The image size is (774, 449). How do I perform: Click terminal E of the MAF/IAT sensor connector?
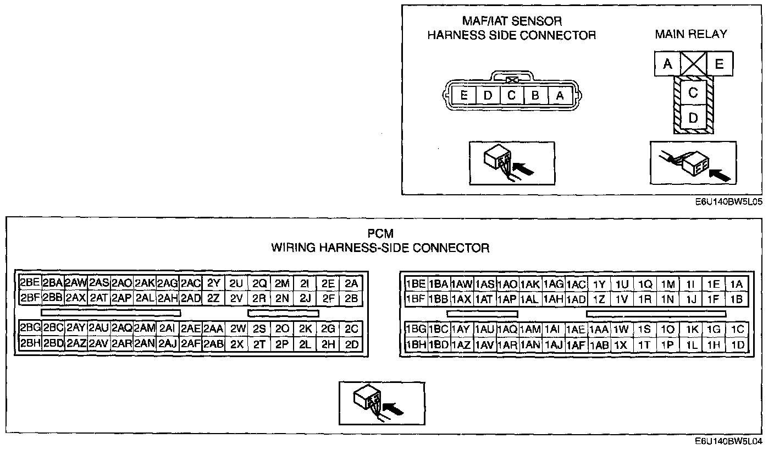tap(465, 96)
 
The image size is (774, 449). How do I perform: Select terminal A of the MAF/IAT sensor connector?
tap(560, 96)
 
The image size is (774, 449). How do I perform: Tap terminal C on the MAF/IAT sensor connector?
tap(512, 96)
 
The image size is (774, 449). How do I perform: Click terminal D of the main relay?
tap(693, 118)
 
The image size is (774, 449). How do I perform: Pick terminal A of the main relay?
tap(667, 64)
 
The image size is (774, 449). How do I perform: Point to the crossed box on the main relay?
tap(693, 64)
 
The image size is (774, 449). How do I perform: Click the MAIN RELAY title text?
tap(690, 34)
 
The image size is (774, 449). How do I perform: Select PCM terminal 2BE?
tap(30, 283)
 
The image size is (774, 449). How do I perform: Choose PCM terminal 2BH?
tap(30, 344)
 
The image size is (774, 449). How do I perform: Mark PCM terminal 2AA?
tap(213, 329)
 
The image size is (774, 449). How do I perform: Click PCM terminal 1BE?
tap(416, 284)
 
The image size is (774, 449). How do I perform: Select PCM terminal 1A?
tap(737, 284)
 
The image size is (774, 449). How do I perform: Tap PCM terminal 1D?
tap(738, 345)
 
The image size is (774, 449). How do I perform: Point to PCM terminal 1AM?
tap(530, 330)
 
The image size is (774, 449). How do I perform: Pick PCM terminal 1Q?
tap(645, 284)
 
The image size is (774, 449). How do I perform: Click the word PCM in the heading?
tap(380, 234)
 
